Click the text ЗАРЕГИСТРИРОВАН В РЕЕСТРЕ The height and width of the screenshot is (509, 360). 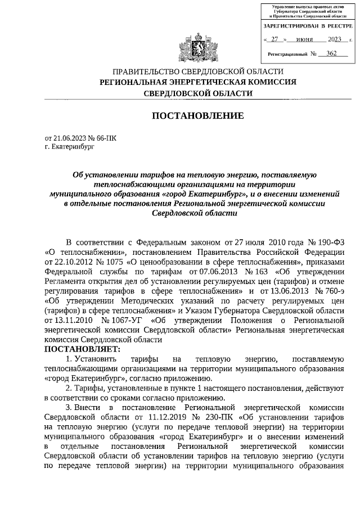[308, 26]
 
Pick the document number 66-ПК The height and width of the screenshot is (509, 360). [105, 137]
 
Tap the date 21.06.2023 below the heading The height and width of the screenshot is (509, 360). [69, 137]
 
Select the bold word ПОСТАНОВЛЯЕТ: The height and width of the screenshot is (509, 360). [82, 349]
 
